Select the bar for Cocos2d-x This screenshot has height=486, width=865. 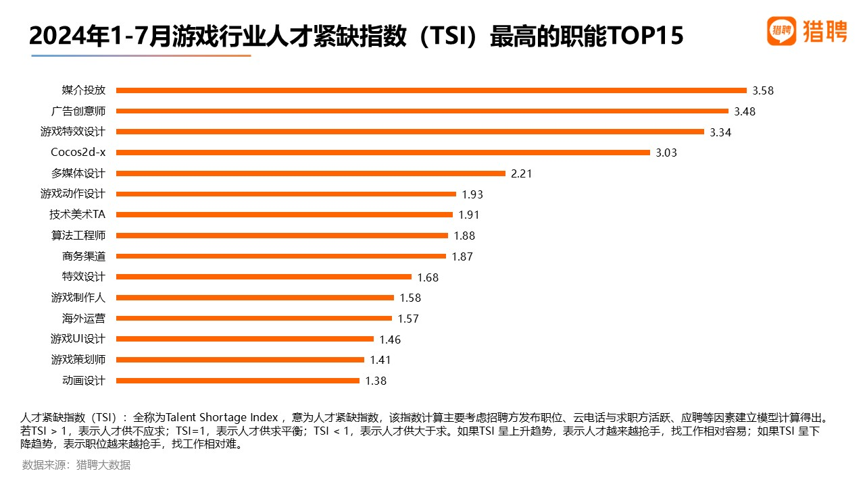[382, 153]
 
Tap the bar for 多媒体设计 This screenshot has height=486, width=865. [311, 173]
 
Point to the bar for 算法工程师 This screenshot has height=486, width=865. [282, 236]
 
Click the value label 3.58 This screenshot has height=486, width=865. [762, 90]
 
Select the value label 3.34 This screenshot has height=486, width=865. [720, 132]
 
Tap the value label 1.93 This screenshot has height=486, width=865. [472, 194]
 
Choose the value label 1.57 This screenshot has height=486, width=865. [407, 319]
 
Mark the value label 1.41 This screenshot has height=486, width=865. [380, 360]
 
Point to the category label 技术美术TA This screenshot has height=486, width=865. [77, 215]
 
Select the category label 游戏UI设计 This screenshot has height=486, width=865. [78, 339]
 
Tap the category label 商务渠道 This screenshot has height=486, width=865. [84, 256]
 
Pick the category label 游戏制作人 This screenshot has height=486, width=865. [78, 298]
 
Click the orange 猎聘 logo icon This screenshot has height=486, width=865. [782, 31]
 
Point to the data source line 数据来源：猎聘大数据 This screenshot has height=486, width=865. [76, 465]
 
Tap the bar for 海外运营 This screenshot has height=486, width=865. [253, 319]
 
